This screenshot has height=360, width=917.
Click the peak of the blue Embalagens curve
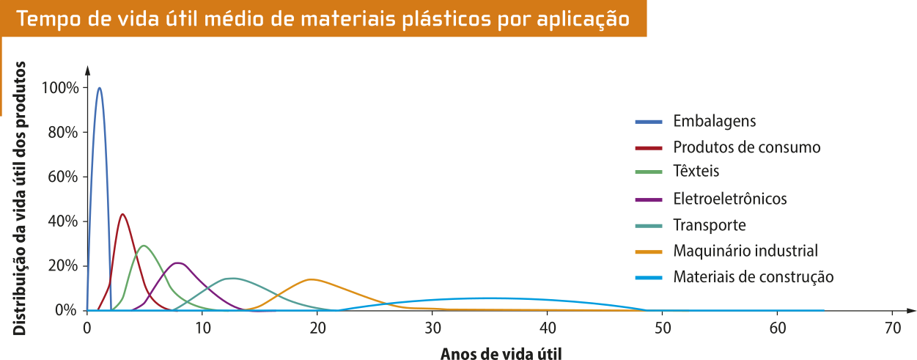pyautogui.click(x=99, y=88)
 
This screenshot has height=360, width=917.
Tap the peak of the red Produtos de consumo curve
pyautogui.click(x=122, y=214)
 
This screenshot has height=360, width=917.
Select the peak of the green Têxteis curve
pyautogui.click(x=144, y=245)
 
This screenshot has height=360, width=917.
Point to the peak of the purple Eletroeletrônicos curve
pyautogui.click(x=178, y=262)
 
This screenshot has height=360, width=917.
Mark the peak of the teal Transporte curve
pyautogui.click(x=232, y=278)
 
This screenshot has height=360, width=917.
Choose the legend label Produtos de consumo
pyautogui.click(x=746, y=147)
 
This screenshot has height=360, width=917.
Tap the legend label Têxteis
pyautogui.click(x=696, y=172)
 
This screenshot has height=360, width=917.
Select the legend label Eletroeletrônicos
pyautogui.click(x=729, y=199)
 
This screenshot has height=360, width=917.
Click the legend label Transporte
pyautogui.click(x=709, y=225)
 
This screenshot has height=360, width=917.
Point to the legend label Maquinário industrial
pyautogui.click(x=745, y=251)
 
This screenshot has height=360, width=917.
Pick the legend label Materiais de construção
pyautogui.click(x=753, y=277)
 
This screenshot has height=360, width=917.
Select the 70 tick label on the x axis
pyautogui.click(x=891, y=327)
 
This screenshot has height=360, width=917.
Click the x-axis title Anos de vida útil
pyautogui.click(x=501, y=353)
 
